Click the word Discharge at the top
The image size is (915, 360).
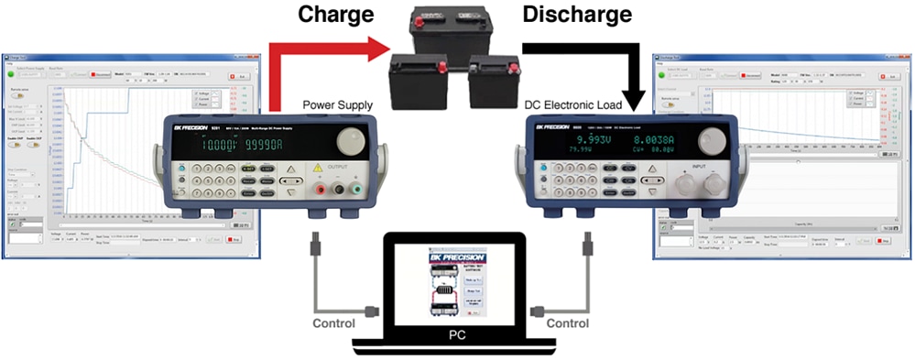tap(577, 15)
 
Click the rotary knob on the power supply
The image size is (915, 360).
tap(349, 140)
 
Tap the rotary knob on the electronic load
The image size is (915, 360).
tap(708, 142)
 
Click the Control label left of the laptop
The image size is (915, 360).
tap(335, 323)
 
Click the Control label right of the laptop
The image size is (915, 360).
tap(567, 323)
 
